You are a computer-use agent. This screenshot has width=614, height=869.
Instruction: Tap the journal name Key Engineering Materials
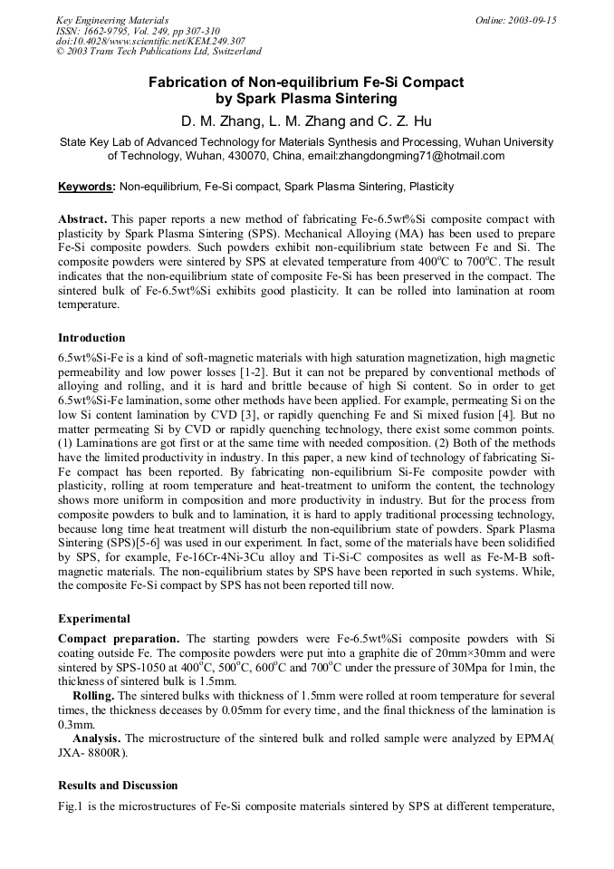point(112,20)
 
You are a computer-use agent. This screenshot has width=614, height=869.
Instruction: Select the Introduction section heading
point(91,338)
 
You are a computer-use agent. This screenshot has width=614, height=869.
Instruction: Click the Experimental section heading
point(94,619)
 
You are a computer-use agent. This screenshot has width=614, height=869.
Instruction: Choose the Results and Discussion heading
point(118,785)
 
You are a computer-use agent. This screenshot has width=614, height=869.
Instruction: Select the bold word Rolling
point(92,696)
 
